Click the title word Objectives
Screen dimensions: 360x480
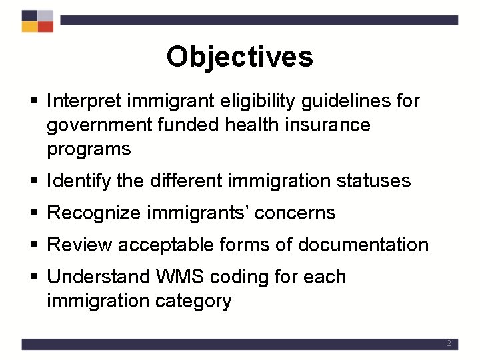pos(239,57)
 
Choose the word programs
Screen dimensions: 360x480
pos(89,149)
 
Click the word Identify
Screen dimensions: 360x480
pos(79,181)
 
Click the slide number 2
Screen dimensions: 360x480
pos(449,344)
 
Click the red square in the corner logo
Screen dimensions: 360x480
pos(45,27)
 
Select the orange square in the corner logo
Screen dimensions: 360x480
pos(29,27)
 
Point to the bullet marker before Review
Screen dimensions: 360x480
pos(34,245)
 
